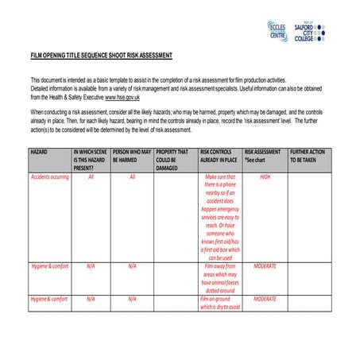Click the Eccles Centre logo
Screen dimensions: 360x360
(x=277, y=32)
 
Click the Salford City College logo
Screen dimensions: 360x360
(x=310, y=32)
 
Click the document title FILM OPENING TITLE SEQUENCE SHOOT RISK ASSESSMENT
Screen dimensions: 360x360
(x=101, y=55)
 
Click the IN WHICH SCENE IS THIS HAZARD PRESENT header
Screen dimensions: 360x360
(x=90, y=159)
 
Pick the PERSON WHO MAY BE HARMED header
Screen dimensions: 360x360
(x=131, y=155)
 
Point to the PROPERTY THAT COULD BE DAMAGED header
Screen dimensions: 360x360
(x=172, y=159)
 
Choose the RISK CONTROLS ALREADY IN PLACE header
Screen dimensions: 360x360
(x=220, y=155)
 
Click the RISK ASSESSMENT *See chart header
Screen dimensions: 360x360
(x=263, y=155)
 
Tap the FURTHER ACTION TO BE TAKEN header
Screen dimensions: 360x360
(x=309, y=155)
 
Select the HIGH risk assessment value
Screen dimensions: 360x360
(x=265, y=176)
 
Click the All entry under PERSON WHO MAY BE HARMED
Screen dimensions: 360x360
(x=132, y=176)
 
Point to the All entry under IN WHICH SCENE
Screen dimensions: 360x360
(x=91, y=176)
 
